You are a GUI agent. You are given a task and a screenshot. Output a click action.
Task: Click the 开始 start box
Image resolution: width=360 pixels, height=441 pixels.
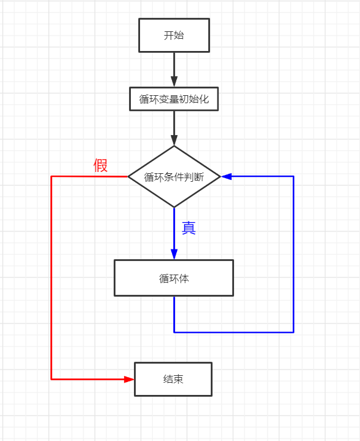point(174,35)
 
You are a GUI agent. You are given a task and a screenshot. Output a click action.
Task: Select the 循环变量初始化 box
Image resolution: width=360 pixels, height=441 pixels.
point(174,99)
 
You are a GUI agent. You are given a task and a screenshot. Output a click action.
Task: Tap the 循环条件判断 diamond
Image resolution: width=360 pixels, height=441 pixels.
point(174,177)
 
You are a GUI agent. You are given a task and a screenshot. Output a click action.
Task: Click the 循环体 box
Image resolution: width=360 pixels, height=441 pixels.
point(174,278)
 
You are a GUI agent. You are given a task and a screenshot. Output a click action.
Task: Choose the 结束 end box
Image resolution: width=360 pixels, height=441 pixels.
point(173,379)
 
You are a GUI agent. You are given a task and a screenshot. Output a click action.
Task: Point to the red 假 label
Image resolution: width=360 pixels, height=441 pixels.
point(101,165)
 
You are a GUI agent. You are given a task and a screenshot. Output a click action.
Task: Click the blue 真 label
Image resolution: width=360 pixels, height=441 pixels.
point(189,228)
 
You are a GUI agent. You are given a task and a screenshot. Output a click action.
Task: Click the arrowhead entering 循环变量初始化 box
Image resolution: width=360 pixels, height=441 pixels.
point(174,82)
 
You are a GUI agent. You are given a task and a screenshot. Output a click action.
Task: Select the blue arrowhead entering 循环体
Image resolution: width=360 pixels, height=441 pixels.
point(174,254)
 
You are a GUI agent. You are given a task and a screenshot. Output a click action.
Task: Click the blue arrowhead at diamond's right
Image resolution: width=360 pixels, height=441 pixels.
point(226,176)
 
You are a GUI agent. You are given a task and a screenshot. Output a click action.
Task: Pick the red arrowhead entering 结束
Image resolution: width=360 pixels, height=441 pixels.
point(129,379)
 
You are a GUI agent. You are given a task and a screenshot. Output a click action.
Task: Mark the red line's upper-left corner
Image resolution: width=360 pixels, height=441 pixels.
point(51,176)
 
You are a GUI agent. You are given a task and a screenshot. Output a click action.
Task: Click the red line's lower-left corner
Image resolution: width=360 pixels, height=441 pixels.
point(51,379)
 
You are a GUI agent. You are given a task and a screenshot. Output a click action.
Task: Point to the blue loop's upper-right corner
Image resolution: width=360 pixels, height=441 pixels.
point(293,176)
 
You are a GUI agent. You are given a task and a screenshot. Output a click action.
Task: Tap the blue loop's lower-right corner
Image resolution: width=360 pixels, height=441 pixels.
point(293,332)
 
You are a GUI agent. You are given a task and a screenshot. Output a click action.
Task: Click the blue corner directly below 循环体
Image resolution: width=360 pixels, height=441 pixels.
point(174,332)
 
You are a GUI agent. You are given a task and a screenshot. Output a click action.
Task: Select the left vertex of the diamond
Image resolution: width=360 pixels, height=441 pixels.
point(128,176)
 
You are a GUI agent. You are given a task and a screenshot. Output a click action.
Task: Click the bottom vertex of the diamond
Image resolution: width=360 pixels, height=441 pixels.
point(174,207)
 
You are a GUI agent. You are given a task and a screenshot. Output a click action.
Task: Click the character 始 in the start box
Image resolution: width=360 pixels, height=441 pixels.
point(179,35)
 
